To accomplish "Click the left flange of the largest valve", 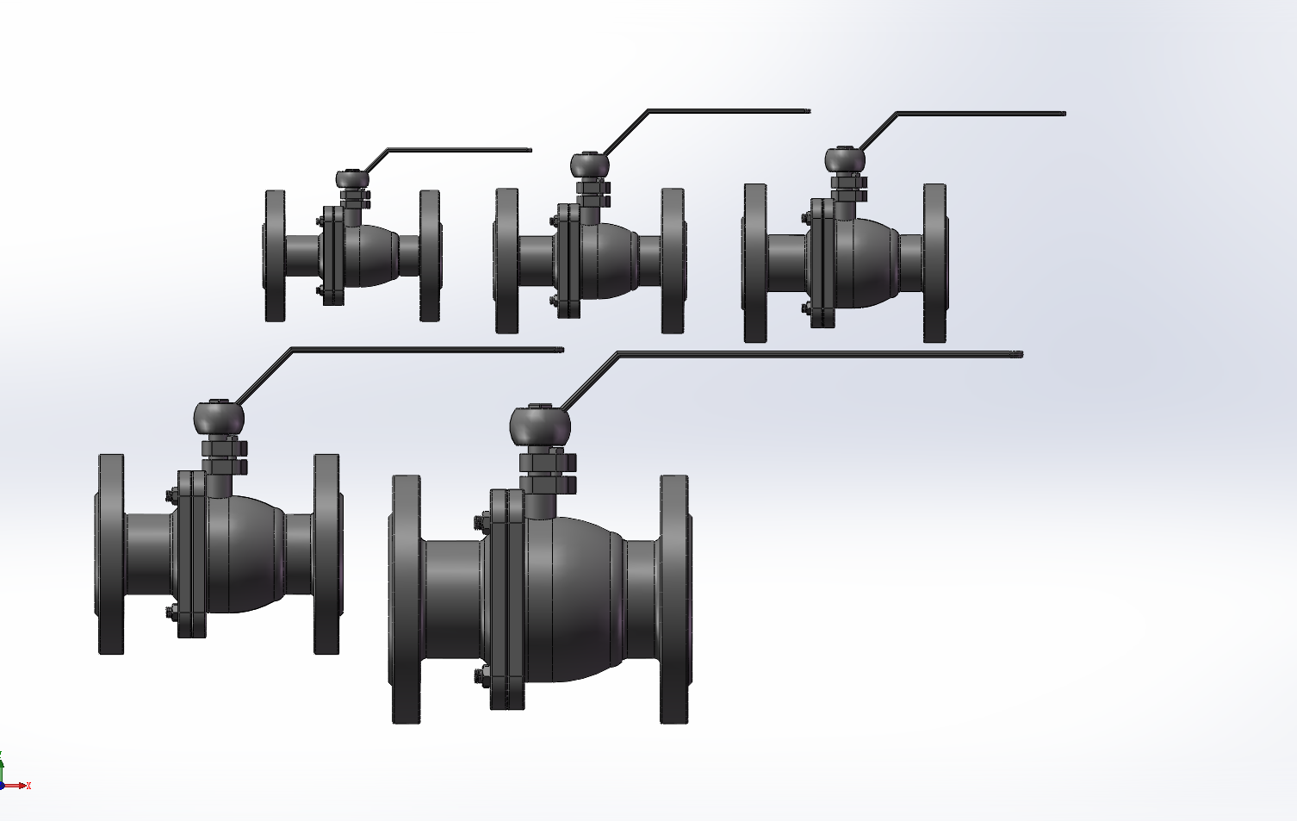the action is pyautogui.click(x=406, y=599).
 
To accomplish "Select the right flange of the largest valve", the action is pyautogui.click(x=674, y=599).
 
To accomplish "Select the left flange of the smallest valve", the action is pyautogui.click(x=275, y=256).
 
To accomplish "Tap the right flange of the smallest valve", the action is pyautogui.click(x=430, y=256).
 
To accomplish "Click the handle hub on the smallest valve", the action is pyautogui.click(x=352, y=179).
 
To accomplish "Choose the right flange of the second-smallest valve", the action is pyautogui.click(x=673, y=260).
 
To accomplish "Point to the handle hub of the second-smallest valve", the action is pyautogui.click(x=590, y=165).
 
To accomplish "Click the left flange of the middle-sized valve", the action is pyautogui.click(x=755, y=263).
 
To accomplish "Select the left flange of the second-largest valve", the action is pyautogui.click(x=111, y=554).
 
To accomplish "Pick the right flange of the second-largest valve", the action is pyautogui.click(x=326, y=554).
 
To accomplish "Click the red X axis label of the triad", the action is pyautogui.click(x=28, y=786).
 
